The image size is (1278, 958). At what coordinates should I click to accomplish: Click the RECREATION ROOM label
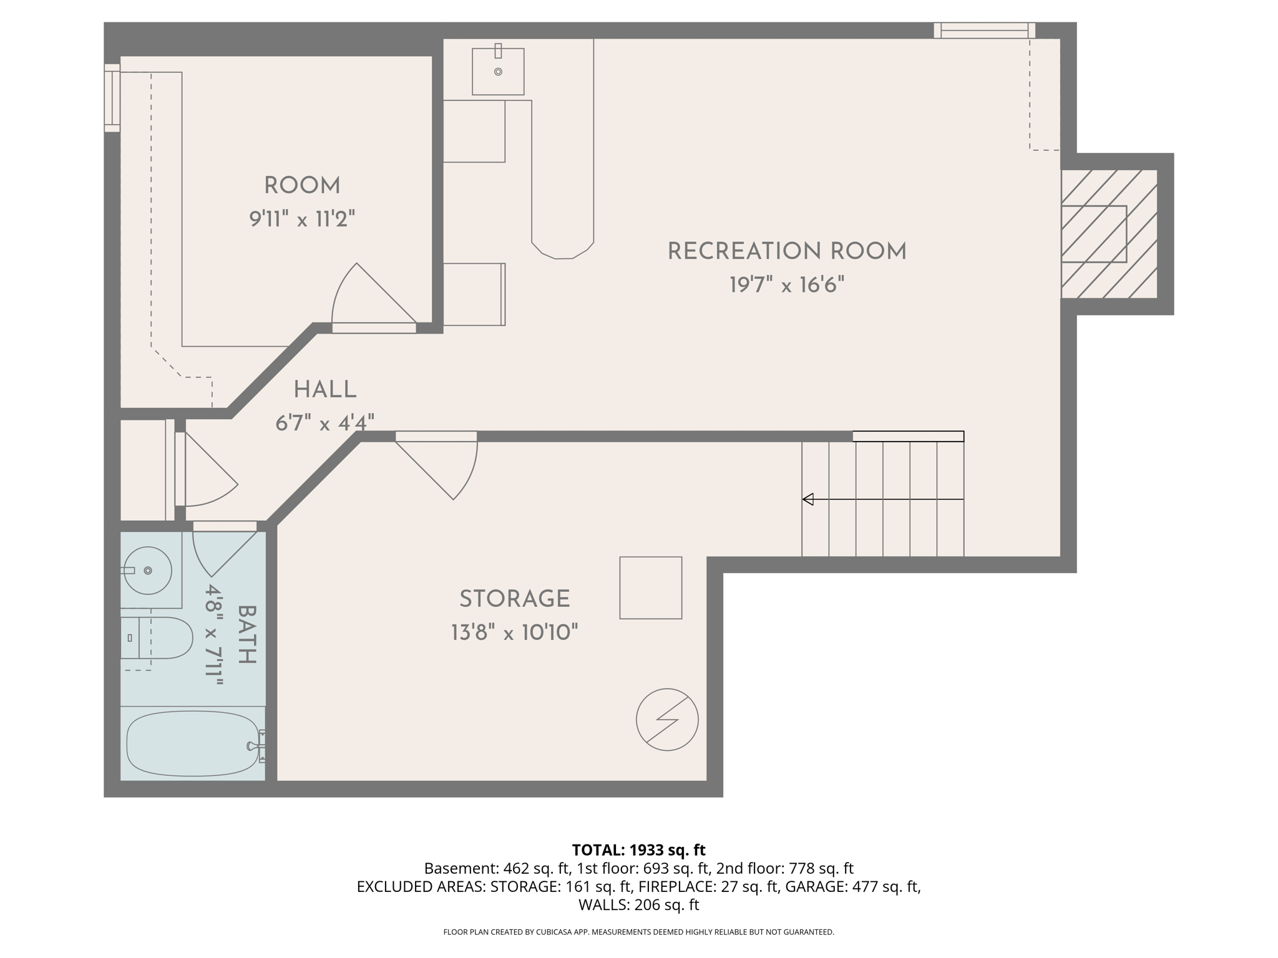click(786, 251)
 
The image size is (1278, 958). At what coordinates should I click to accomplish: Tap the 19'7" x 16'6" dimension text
click(786, 286)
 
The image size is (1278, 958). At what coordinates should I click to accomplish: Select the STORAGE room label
click(514, 599)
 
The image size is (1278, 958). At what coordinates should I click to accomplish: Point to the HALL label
click(324, 390)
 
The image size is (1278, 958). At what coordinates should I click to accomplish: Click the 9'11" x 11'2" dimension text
click(302, 220)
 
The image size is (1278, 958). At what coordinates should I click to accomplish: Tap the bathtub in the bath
click(192, 744)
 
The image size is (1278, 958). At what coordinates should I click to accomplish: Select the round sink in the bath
click(148, 570)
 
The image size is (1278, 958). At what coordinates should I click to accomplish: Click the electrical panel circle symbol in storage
click(667, 720)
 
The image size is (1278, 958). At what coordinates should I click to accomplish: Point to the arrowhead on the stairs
click(808, 499)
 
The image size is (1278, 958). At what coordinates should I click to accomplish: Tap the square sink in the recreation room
click(498, 72)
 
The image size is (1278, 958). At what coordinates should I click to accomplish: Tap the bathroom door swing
click(218, 549)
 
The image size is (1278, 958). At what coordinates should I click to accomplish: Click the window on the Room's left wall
click(112, 98)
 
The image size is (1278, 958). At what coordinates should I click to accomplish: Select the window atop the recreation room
click(984, 30)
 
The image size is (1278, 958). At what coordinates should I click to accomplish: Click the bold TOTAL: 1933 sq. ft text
click(638, 850)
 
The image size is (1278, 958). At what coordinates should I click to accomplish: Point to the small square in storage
click(650, 588)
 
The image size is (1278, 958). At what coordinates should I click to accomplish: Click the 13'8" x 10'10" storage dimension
click(514, 633)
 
